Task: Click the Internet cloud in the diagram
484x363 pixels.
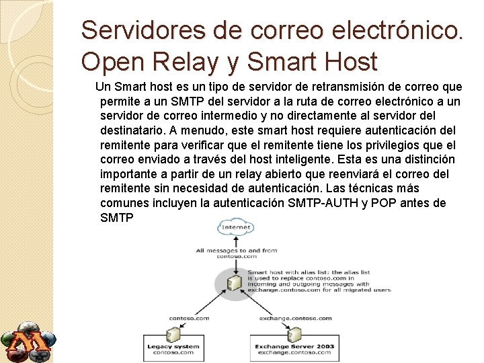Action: pos(235,227)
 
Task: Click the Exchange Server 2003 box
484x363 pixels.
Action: pos(294,348)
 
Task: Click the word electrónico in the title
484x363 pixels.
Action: pos(387,30)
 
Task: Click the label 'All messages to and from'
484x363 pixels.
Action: pos(237,251)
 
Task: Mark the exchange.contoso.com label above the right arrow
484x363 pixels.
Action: pos(295,318)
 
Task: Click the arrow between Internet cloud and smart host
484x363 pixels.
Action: pos(235,261)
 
